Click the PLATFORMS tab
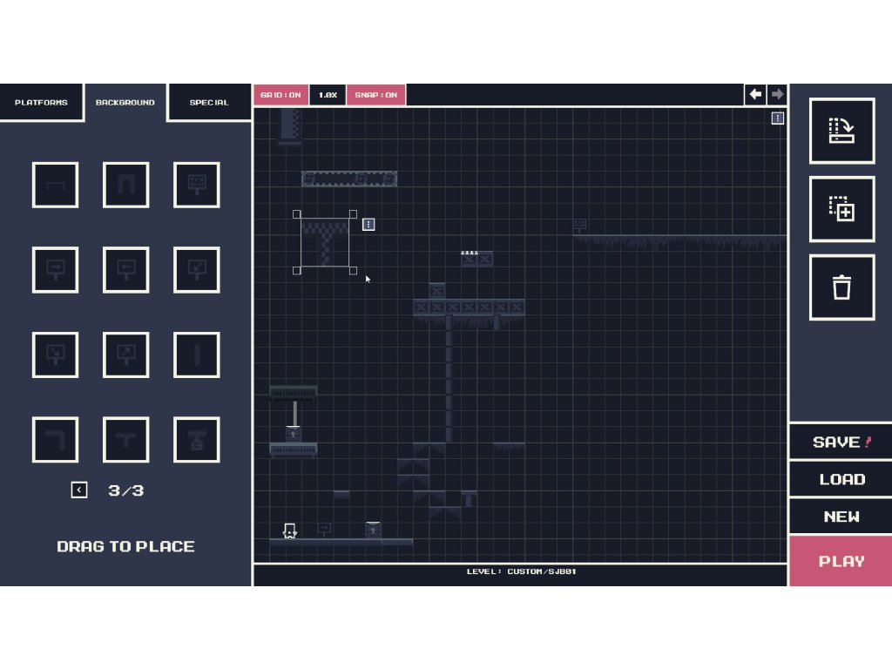(x=41, y=103)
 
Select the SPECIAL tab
(x=209, y=103)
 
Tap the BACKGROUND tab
(x=125, y=103)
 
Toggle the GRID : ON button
(x=280, y=95)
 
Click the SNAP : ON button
(x=375, y=95)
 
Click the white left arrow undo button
(x=755, y=94)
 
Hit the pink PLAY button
(x=841, y=561)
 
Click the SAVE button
(x=841, y=443)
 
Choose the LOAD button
(x=841, y=479)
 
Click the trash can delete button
(x=841, y=287)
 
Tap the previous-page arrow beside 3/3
(x=79, y=490)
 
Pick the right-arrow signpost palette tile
(x=55, y=269)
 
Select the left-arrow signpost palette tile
(x=125, y=269)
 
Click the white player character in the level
(x=290, y=530)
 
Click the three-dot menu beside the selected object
(x=368, y=225)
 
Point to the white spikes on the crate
(x=470, y=252)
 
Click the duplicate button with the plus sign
(x=841, y=209)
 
